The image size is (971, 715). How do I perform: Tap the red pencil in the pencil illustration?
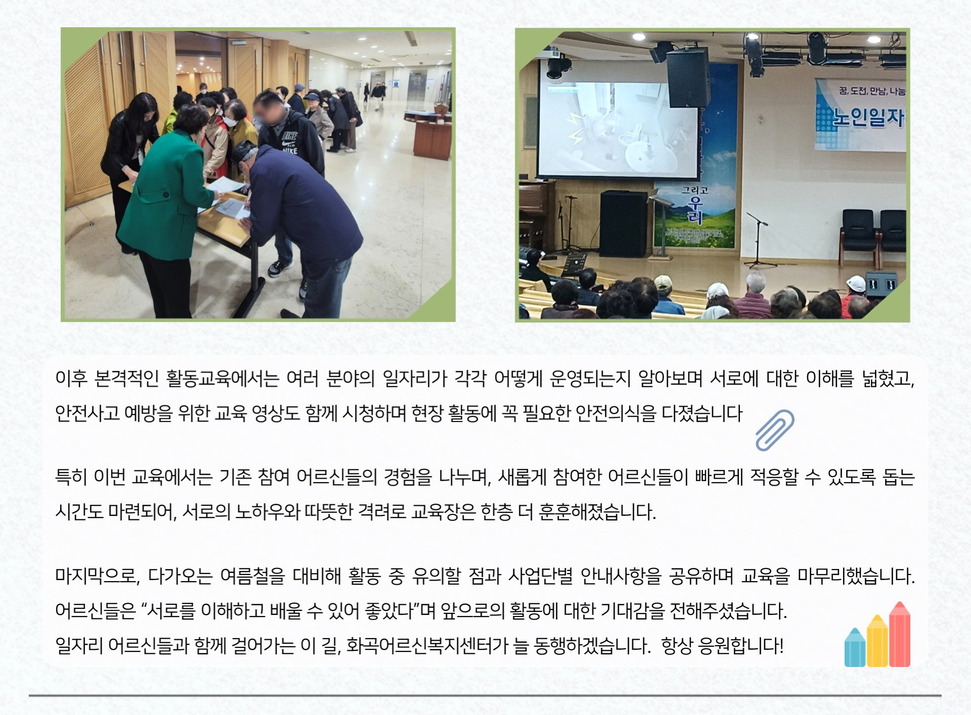coord(899,634)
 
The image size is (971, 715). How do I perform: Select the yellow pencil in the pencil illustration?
coord(877,640)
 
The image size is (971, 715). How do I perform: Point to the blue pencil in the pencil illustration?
coord(855,647)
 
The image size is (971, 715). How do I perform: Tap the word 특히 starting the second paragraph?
coord(71,478)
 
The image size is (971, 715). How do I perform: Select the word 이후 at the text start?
coord(71,378)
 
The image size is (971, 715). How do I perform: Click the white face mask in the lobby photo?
coord(231,122)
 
